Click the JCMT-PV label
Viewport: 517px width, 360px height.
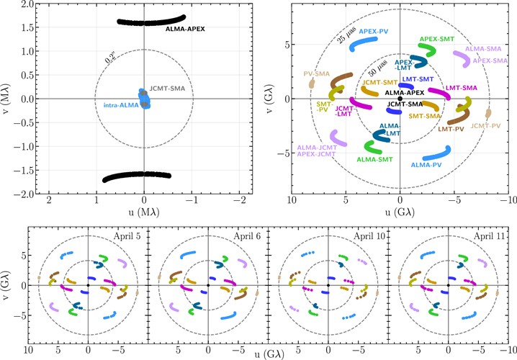pos(486,125)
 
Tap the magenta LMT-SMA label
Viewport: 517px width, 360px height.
pos(462,88)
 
